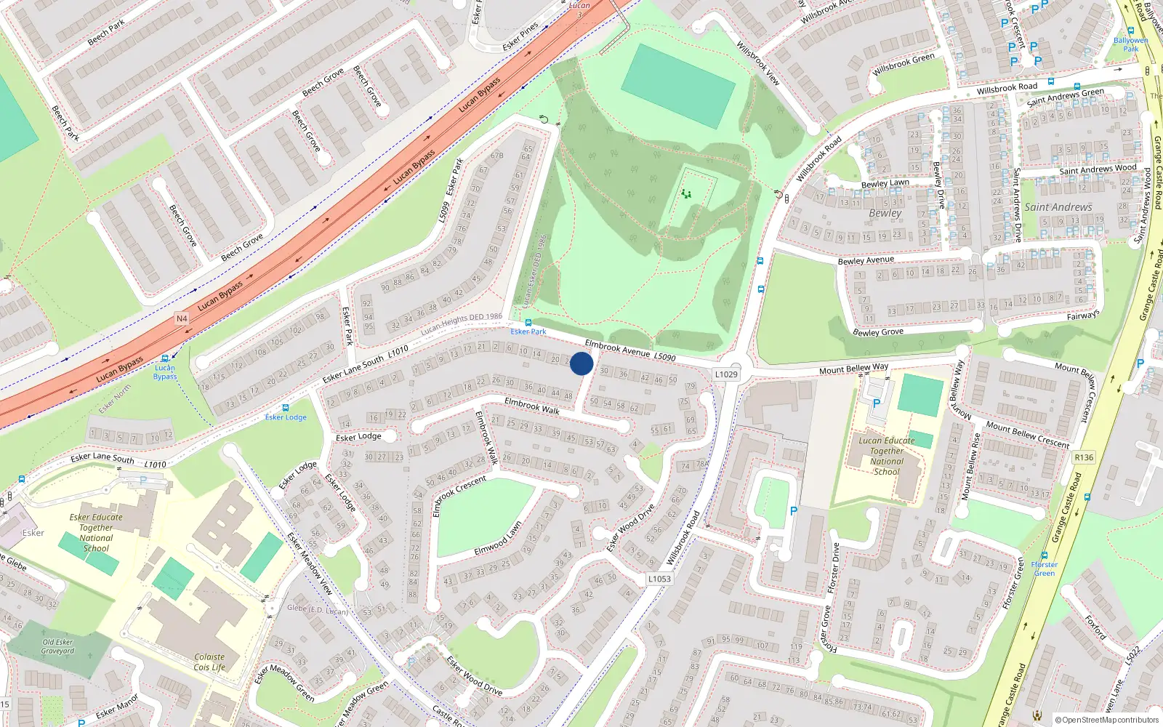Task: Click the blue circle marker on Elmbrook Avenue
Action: (581, 363)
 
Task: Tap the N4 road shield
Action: (182, 318)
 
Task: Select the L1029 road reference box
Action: (725, 374)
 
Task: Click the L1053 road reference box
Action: (659, 579)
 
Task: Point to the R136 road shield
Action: (1084, 457)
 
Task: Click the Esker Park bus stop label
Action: (528, 332)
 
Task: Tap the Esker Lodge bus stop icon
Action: (286, 408)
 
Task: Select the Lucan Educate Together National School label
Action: (887, 456)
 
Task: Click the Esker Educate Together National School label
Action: (96, 533)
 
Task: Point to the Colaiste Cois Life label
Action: (209, 662)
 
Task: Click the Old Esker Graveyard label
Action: (58, 646)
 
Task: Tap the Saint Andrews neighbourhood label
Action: (1058, 207)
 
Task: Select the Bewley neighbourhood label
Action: (885, 213)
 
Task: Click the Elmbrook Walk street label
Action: (532, 406)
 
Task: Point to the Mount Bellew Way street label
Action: (853, 369)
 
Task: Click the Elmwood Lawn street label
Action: (498, 539)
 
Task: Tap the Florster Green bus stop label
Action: (1045, 569)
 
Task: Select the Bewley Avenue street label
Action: (866, 260)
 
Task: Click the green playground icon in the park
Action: (685, 194)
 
